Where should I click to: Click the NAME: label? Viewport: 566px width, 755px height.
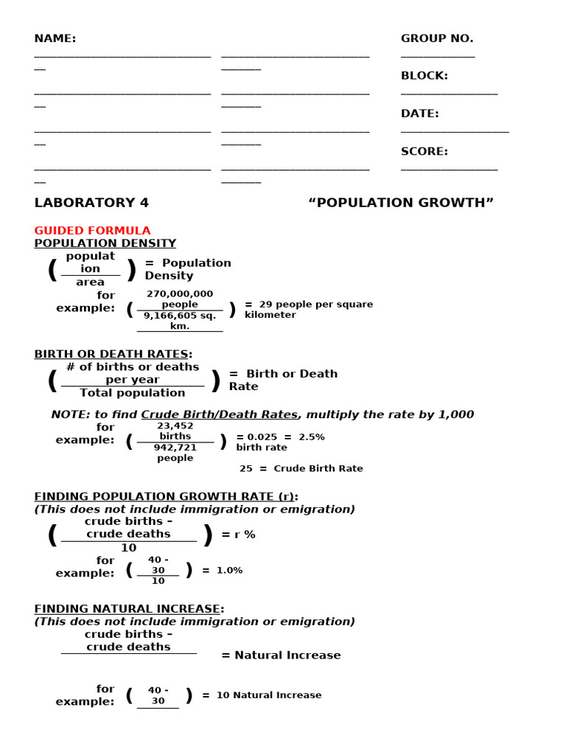click(55, 38)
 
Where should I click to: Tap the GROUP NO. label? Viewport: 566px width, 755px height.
click(437, 38)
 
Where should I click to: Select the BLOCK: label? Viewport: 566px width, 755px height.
click(424, 76)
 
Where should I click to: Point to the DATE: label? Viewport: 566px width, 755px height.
click(420, 114)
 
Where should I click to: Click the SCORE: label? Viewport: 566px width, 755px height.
click(424, 151)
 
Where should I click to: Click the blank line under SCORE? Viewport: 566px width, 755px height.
click(449, 169)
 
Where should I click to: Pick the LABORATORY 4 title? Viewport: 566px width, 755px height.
click(91, 203)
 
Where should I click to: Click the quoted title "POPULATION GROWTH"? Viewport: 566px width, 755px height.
click(401, 203)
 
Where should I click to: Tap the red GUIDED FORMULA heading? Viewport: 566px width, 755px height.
click(92, 231)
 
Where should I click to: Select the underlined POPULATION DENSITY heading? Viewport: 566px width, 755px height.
click(105, 243)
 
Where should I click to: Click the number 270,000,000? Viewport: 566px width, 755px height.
click(180, 293)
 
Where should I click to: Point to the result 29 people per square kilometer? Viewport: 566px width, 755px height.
click(309, 310)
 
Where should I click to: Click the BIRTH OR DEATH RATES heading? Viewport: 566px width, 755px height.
click(113, 354)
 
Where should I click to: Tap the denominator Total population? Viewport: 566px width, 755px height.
click(133, 393)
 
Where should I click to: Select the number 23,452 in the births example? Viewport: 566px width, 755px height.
click(175, 425)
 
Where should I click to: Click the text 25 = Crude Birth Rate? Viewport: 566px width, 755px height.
click(301, 468)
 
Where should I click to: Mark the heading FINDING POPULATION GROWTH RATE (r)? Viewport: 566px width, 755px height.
click(167, 496)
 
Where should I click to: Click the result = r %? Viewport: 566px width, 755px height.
click(238, 535)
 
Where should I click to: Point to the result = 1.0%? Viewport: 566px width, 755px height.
click(223, 570)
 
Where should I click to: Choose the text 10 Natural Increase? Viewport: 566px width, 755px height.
click(269, 695)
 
